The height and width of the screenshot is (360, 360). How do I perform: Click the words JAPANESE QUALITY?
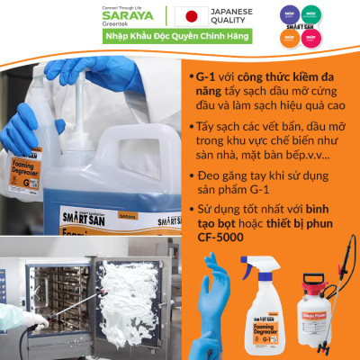tap(233, 16)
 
